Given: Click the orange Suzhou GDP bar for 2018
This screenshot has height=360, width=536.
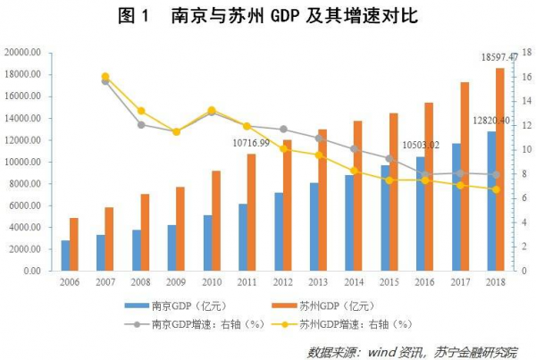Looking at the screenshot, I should (x=499, y=170).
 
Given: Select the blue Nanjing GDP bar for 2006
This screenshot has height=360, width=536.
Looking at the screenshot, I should (x=65, y=255).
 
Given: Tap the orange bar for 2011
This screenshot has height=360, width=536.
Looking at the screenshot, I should (x=251, y=213).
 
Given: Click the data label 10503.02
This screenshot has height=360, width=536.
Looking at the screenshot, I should (x=421, y=145).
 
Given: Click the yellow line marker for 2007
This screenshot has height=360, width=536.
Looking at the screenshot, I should (x=105, y=77).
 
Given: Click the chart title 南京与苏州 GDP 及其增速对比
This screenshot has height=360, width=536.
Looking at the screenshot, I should (x=268, y=17).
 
